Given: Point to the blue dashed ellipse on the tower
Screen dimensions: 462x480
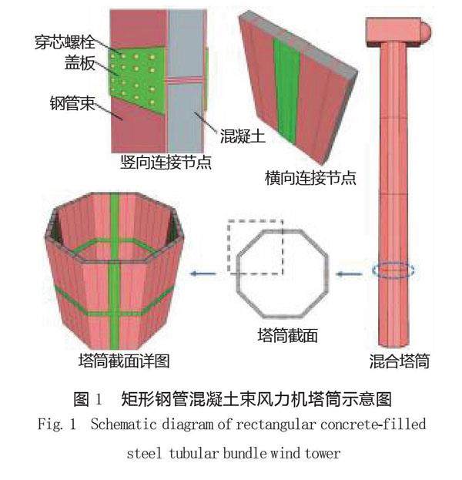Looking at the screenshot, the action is [x=393, y=270].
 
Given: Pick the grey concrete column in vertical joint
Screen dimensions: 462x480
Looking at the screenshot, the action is [x=186, y=85].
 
